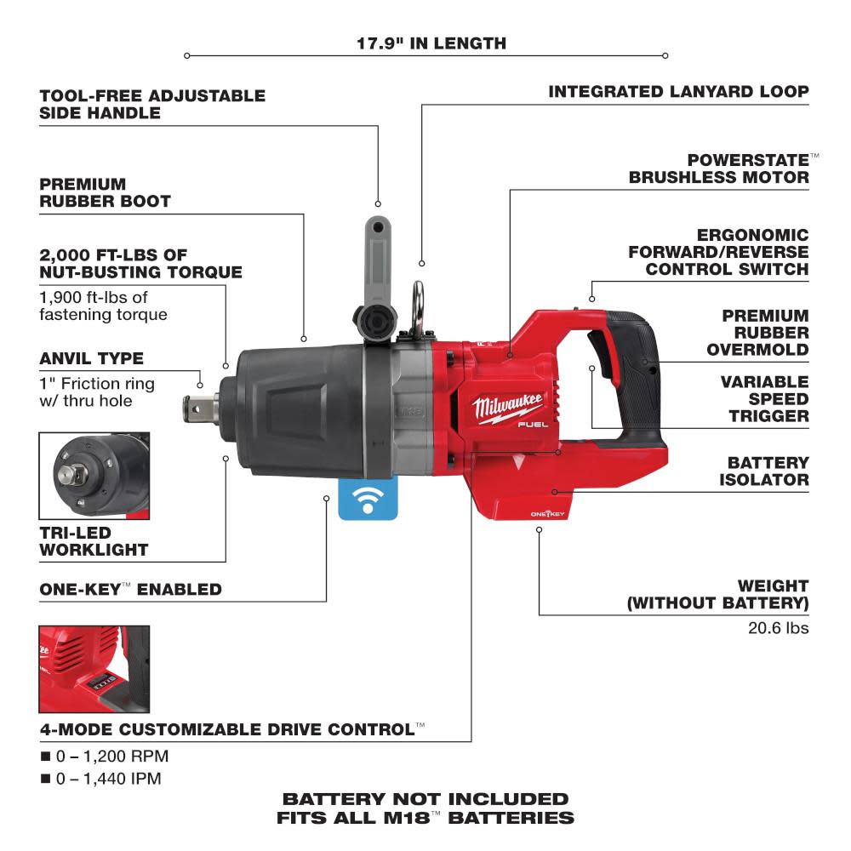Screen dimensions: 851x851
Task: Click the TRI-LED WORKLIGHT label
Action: point(94,540)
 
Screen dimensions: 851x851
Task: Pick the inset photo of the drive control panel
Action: point(94,669)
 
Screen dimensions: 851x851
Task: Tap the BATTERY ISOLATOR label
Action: point(767,471)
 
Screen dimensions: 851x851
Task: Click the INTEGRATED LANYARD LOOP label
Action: point(678,91)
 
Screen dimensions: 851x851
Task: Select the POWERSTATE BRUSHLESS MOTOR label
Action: point(719,168)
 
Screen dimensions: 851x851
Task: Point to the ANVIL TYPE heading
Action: point(91,358)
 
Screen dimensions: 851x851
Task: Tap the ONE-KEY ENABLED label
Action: point(130,589)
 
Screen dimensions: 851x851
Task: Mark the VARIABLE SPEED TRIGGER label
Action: point(763,398)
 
